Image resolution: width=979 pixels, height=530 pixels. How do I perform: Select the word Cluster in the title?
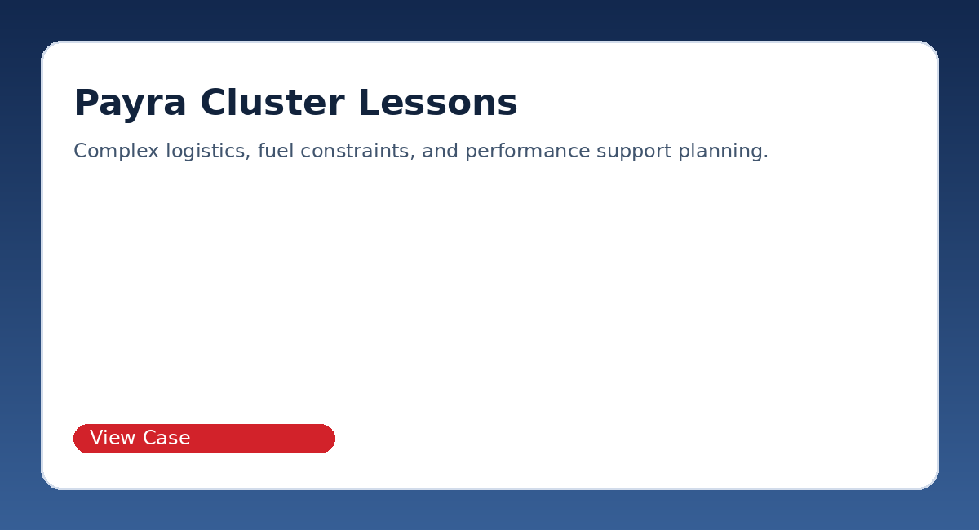pos(272,103)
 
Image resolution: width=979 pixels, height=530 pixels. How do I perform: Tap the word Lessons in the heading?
pos(438,103)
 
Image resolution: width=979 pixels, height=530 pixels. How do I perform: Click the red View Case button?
pos(204,438)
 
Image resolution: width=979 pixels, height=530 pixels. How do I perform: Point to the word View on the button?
pos(113,437)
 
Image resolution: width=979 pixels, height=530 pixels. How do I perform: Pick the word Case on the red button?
pos(166,437)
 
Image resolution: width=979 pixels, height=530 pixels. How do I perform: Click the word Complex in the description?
pos(116,152)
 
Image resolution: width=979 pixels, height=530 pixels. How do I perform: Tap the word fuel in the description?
pos(276,151)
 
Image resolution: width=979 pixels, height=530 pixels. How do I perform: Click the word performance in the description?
pos(528,152)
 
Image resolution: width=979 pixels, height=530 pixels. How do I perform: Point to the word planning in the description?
pos(720,152)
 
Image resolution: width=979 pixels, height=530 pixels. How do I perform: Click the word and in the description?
pos(440,151)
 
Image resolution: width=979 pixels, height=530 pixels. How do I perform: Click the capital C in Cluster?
pos(213,102)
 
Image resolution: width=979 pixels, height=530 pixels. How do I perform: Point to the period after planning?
pos(766,157)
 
